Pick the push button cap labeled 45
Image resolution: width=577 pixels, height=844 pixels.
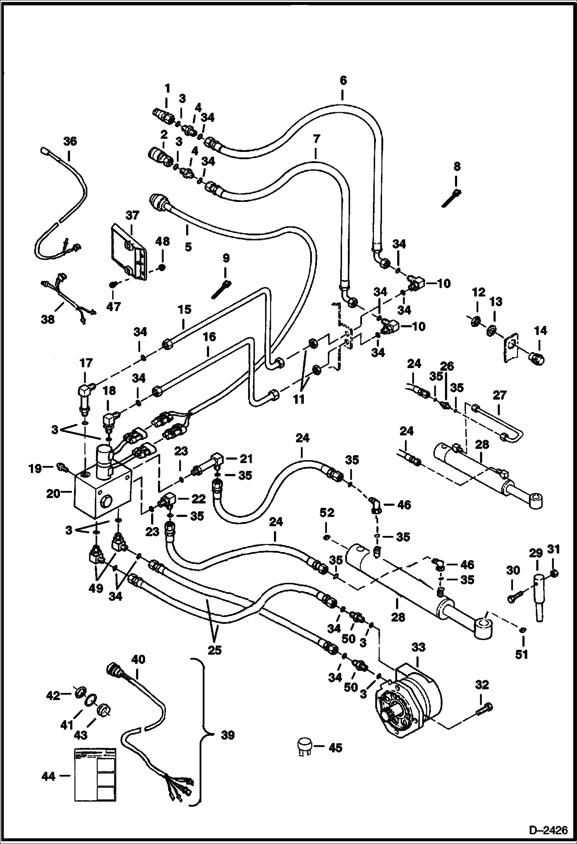tap(304, 747)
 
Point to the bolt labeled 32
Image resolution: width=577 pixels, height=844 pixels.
tap(485, 710)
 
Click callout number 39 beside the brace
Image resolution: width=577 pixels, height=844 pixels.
tap(227, 735)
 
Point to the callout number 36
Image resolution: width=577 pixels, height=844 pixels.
tap(70, 141)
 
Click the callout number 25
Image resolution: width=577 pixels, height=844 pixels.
tap(215, 650)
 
